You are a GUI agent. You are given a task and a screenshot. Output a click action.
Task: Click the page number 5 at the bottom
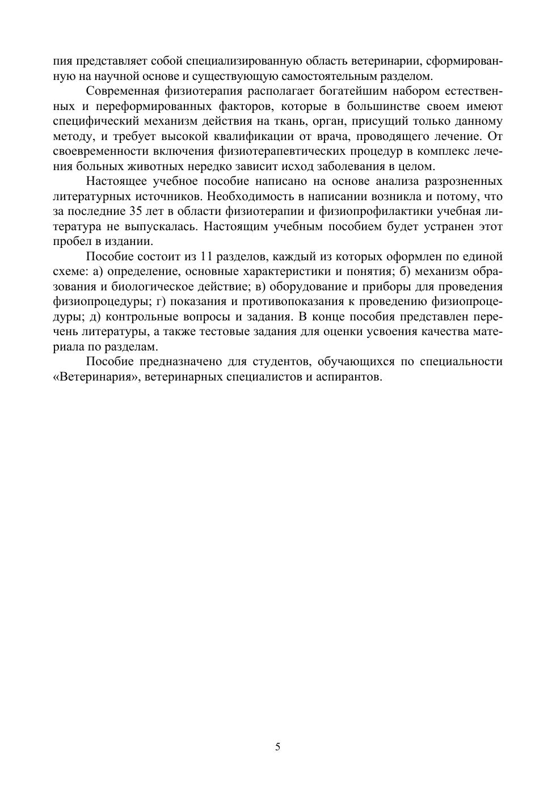pyautogui.click(x=277, y=746)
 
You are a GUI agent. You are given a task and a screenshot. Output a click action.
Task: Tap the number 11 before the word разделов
pyautogui.click(x=207, y=256)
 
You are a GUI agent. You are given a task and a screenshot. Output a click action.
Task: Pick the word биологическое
pyautogui.click(x=140, y=286)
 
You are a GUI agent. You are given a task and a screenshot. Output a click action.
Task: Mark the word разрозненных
pyautogui.click(x=460, y=181)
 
